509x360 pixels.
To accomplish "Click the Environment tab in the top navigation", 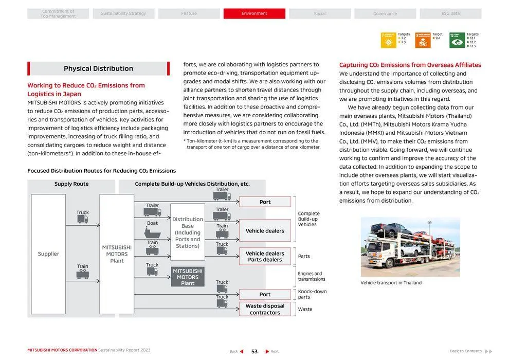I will [254, 13].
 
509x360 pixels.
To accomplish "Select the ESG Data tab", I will [450, 13].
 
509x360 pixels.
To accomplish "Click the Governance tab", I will [385, 13].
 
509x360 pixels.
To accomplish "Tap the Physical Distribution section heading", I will [98, 68].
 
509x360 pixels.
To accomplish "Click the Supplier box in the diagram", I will [48, 254].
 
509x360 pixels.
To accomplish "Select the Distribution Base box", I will [188, 232].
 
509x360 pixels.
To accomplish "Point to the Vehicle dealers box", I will [265, 231].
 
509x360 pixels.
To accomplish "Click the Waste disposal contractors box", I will [265, 309].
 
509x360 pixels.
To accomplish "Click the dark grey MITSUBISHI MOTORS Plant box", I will [188, 277].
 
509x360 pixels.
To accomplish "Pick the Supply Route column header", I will [71, 184].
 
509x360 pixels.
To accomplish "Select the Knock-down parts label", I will [312, 294].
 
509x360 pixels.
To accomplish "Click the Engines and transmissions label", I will [312, 277].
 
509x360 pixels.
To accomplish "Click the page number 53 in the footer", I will [254, 352].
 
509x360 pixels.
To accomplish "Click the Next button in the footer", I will [271, 352].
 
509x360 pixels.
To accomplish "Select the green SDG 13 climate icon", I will [457, 40].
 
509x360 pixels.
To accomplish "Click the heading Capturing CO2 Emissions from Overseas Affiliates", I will [410, 65].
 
